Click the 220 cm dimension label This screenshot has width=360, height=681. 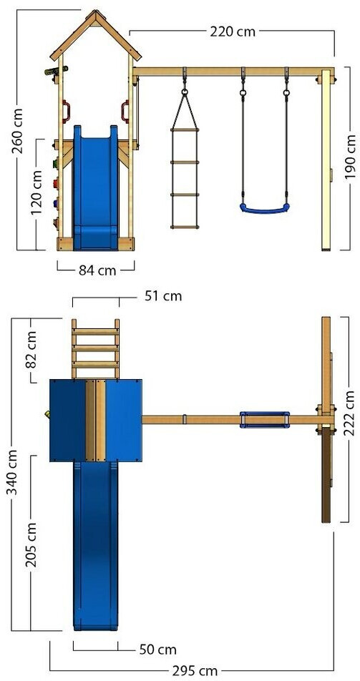(233, 31)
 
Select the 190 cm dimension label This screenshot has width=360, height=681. (350, 157)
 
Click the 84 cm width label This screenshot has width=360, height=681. (97, 270)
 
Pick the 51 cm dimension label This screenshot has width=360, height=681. (163, 296)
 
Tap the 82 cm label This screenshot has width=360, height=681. (31, 350)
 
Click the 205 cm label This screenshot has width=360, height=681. (31, 544)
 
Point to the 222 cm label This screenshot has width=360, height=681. (351, 413)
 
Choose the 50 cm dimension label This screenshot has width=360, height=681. (158, 650)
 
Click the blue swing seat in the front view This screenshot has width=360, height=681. (265, 209)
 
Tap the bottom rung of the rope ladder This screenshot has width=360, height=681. (185, 227)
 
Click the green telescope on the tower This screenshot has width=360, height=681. (56, 70)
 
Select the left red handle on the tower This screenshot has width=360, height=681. (66, 112)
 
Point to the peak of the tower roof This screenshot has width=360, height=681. (95, 11)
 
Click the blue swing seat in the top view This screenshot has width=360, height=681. (265, 420)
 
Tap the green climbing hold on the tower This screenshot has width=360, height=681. (55, 164)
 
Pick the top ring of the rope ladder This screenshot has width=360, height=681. (185, 92)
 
